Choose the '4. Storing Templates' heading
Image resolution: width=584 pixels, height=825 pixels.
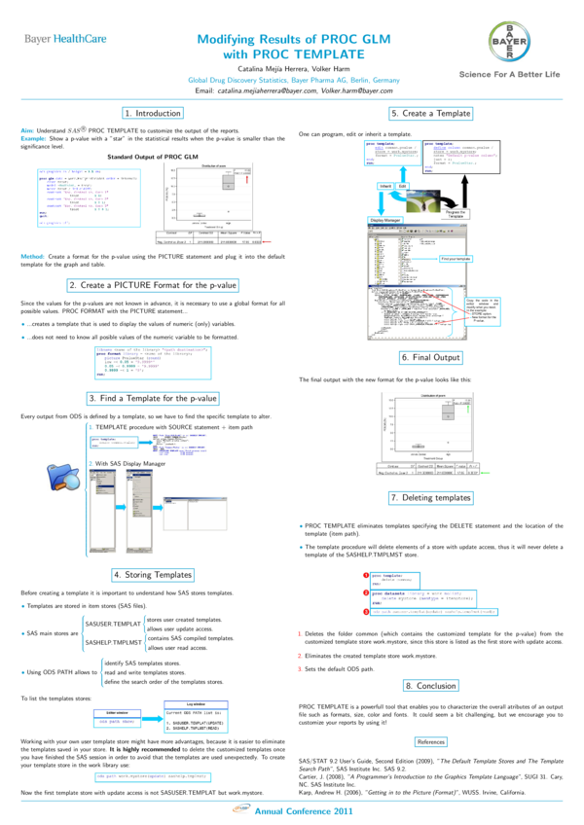pyautogui.click(x=151, y=574)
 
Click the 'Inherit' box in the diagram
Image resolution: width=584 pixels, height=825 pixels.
pyautogui.click(x=384, y=185)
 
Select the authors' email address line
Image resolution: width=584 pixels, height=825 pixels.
pyautogui.click(x=293, y=90)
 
